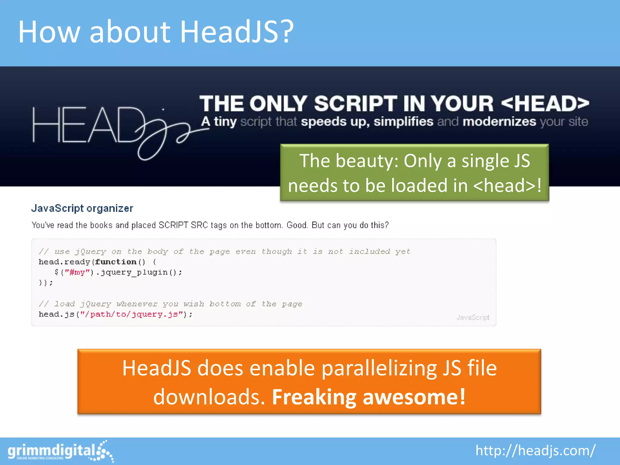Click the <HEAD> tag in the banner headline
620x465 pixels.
coord(545,104)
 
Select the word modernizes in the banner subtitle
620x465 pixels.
coord(499,122)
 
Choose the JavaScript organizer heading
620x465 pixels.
coord(82,208)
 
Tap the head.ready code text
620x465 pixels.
coord(64,262)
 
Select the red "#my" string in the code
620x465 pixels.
coord(77,272)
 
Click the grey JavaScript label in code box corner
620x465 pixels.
coord(473,317)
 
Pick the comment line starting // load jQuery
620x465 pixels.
coord(170,304)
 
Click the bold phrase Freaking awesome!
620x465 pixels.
coord(369,397)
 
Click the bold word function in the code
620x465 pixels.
coord(116,262)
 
